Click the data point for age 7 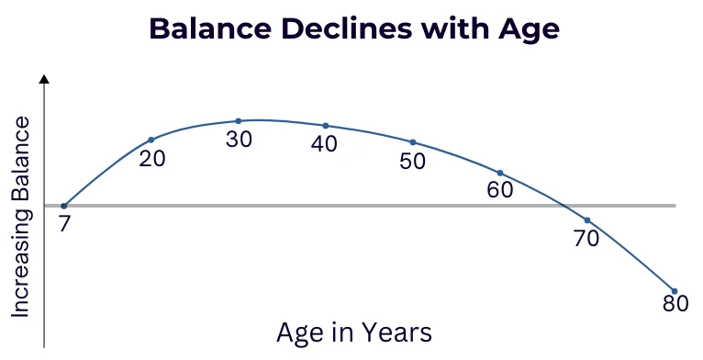point(63,206)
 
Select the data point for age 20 point(151,140)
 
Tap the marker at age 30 point(239,120)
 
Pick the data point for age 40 point(326,125)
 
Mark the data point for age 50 point(413,142)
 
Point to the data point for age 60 point(500,173)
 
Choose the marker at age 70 point(587,220)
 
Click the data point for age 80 point(675,291)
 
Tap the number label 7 point(64,223)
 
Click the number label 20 point(152,158)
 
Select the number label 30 point(239,140)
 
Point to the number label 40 point(324,144)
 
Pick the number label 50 point(413,162)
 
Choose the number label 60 point(500,191)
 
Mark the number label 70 point(586,239)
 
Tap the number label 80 point(675,303)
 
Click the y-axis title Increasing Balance point(21,217)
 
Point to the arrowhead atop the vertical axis point(43,81)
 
